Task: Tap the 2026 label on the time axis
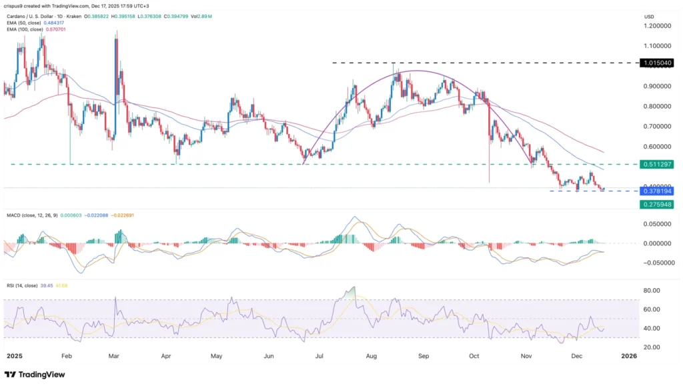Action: point(628,356)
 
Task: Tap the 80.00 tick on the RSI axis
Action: point(652,291)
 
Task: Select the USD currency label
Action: point(648,15)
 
